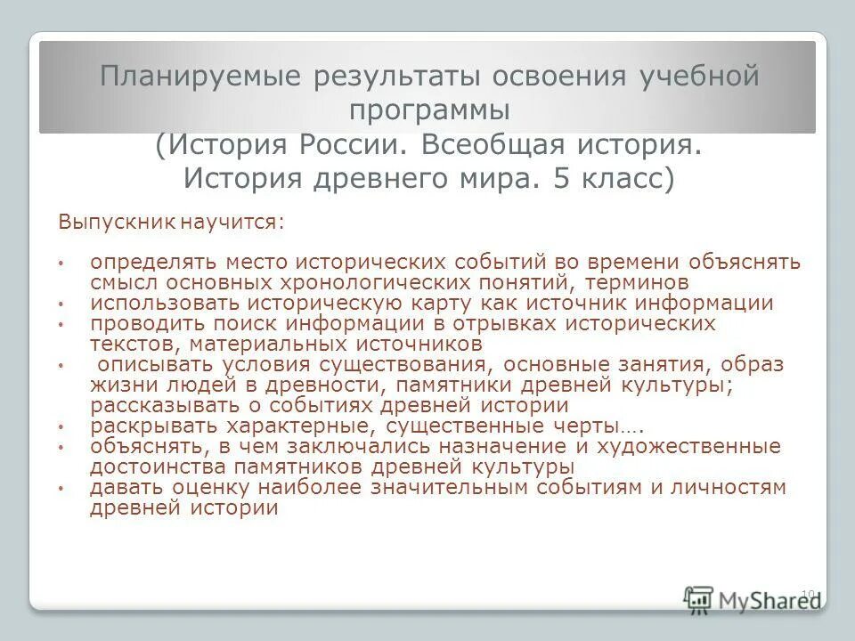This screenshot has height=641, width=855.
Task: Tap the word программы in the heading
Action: coord(429,110)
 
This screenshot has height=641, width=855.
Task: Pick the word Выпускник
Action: coord(118,221)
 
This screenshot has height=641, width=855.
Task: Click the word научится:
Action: coord(233,221)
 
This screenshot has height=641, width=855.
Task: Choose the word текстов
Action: coord(126,344)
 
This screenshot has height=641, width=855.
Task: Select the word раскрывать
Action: coord(144,426)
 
